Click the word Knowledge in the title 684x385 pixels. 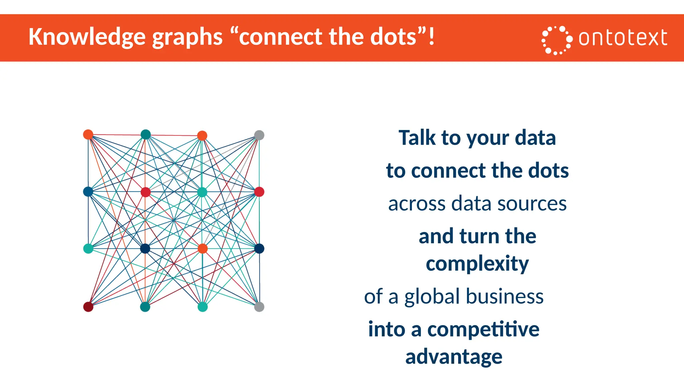(87, 37)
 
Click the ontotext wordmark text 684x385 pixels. (623, 38)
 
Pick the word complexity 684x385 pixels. (477, 264)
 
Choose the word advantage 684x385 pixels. (454, 357)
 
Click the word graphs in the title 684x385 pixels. (187, 37)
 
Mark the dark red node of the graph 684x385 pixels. (88, 306)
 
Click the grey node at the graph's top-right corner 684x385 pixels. (259, 135)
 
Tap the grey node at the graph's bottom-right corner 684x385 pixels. (259, 306)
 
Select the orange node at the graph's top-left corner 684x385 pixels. (88, 134)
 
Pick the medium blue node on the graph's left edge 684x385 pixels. (88, 191)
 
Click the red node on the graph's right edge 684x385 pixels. (259, 192)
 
